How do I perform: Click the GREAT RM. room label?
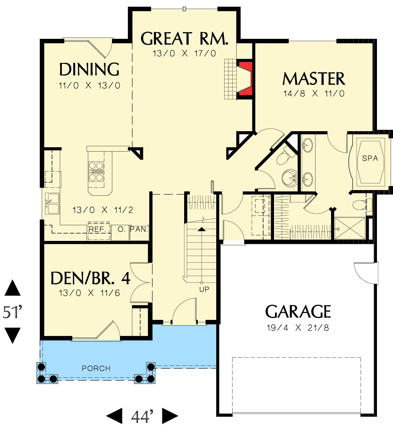pos(184,38)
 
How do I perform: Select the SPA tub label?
pos(370,158)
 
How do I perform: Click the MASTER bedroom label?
pos(313,79)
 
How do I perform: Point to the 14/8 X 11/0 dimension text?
pos(314,93)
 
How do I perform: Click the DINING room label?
pos(89,69)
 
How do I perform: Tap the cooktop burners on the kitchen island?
pos(96,171)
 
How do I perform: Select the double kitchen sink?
pos(52,203)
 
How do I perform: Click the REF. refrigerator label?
pos(96,229)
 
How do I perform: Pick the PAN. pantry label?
pos(139,229)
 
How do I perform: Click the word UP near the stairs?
pos(204,289)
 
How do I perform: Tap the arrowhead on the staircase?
pos(201,229)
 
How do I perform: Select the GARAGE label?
pos(298,312)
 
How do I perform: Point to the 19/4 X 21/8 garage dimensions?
pos(298,328)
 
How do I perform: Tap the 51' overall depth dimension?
pos(12,312)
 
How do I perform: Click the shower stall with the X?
pos(350,228)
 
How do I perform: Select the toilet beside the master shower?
pos(362,204)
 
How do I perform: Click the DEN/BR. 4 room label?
pos(90,278)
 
